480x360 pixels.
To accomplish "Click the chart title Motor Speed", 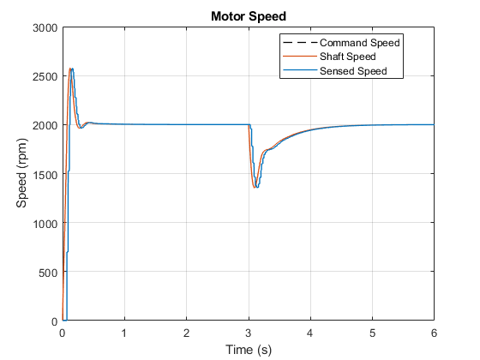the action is click(249, 16).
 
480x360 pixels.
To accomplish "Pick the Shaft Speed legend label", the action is click(348, 57).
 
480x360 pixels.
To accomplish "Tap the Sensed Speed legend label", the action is click(353, 71).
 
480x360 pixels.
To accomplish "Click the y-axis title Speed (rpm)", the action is click(21, 173).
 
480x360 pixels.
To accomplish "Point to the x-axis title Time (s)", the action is click(249, 350).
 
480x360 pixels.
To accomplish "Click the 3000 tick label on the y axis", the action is click(45, 27).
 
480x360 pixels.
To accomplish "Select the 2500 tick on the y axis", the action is click(45, 76).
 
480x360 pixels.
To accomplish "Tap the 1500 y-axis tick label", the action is click(45, 175).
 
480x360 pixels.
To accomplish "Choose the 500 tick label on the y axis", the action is click(48, 273).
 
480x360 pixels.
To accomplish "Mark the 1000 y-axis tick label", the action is click(45, 224).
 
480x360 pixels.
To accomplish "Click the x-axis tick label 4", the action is click(310, 333).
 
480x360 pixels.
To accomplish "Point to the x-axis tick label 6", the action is click(434, 333).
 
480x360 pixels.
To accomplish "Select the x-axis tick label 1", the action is click(124, 333).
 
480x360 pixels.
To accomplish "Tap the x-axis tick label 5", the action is click(372, 333).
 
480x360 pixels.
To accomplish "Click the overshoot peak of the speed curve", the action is click(70, 69).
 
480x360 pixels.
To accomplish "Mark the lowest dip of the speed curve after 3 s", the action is click(255, 187).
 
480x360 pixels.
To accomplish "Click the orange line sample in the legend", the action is click(300, 57).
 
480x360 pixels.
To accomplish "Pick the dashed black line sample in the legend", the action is click(300, 42).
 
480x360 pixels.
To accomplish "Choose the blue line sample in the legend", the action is click(300, 70).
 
